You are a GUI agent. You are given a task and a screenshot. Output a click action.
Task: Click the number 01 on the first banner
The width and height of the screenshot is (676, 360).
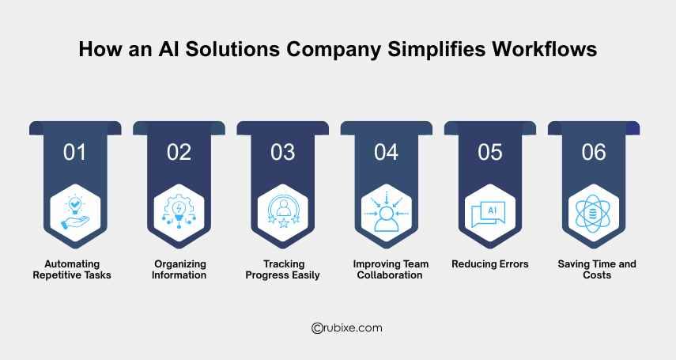[x=74, y=152]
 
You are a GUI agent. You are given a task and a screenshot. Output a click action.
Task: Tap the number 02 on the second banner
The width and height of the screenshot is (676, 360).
[x=179, y=152]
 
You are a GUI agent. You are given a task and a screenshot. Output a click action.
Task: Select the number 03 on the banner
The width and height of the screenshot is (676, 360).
[x=282, y=152]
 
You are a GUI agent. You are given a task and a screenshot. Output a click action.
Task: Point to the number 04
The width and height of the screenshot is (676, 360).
[x=386, y=152]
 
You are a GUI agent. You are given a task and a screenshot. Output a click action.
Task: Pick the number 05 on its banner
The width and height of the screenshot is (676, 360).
[x=490, y=152]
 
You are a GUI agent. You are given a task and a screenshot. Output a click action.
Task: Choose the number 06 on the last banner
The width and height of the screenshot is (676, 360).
[x=594, y=152]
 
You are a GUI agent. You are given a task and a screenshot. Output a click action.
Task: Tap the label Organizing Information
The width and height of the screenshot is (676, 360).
[x=179, y=270]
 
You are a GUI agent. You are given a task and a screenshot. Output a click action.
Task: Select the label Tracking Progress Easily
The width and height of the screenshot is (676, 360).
[x=282, y=270]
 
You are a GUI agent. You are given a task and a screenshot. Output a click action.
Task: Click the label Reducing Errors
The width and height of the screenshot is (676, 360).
[x=490, y=264]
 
